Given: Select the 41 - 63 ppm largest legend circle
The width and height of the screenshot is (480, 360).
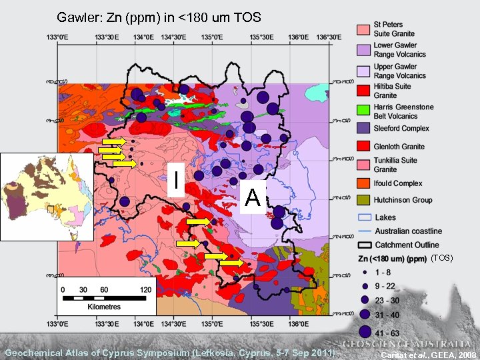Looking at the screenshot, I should (365, 331).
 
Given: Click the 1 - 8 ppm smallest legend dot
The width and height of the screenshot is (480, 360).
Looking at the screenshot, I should (365, 272).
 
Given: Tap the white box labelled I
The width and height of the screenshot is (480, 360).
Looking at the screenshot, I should (175, 179).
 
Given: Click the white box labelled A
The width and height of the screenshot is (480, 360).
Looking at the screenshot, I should (252, 197).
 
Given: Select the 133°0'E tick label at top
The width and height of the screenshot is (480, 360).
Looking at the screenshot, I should (57, 37).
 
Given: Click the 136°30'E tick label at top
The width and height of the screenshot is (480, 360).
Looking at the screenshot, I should (331, 37).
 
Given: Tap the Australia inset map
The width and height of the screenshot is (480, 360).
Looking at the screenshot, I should (47, 196).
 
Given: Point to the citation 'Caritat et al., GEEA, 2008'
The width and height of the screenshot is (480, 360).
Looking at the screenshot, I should (427, 354).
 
